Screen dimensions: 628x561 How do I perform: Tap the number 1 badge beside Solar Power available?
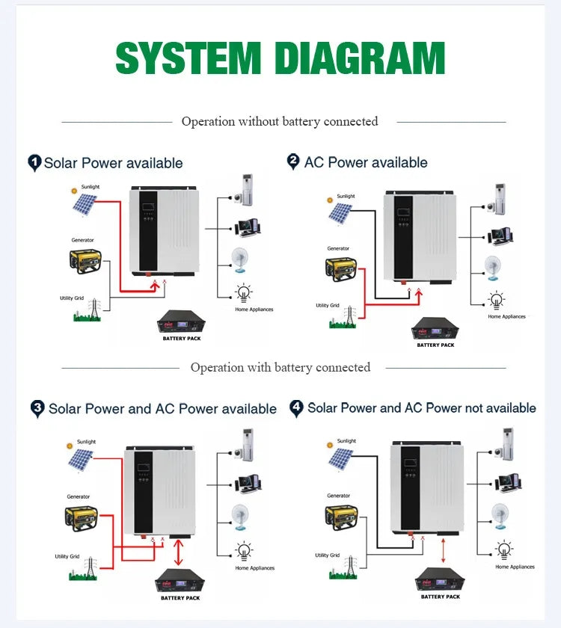pos(34,162)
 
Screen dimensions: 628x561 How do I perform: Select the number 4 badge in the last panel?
pos(297,407)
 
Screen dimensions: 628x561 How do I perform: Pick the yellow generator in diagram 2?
pos(340,269)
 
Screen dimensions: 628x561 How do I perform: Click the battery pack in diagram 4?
pos(439,579)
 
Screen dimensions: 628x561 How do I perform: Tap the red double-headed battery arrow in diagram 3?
pos(177,552)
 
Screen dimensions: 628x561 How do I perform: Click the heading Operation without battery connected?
pos(280,121)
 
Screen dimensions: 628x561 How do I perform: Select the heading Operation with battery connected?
pos(280,367)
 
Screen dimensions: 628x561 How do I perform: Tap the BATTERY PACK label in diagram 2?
pos(435,345)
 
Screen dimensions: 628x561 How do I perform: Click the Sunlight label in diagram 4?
pos(346,441)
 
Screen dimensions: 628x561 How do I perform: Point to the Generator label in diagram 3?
pos(78,496)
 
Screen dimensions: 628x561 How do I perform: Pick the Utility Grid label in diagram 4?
pos(328,555)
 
